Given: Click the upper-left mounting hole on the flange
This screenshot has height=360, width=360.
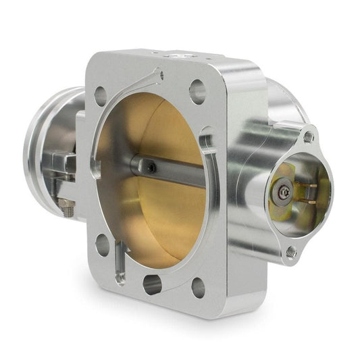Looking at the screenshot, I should [x=101, y=96].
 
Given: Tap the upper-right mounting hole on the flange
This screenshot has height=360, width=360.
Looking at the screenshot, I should [x=197, y=91].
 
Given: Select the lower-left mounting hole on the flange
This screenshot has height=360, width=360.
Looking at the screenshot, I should [x=102, y=244].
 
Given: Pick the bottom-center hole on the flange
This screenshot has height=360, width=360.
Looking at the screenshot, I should [x=153, y=284].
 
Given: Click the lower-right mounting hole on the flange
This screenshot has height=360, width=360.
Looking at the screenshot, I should [x=198, y=287].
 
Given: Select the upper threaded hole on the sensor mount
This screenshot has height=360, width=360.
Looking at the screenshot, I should [x=309, y=136].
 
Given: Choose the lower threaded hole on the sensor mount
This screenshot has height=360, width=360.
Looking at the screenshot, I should [x=290, y=251].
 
